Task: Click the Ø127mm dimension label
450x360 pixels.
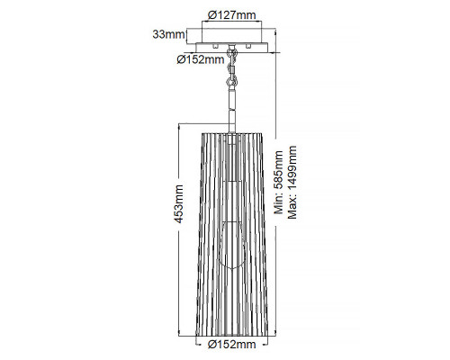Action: (x=232, y=14)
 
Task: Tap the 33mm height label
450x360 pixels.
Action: (x=168, y=34)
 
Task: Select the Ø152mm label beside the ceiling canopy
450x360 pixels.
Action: (x=201, y=59)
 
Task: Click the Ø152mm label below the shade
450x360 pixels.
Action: (x=232, y=344)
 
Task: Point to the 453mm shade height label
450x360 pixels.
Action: (x=179, y=204)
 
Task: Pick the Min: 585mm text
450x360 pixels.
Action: (x=279, y=182)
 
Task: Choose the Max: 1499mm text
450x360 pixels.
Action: (x=292, y=182)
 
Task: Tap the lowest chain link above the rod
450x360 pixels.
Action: (x=231, y=81)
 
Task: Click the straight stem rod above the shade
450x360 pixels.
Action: (x=231, y=110)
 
